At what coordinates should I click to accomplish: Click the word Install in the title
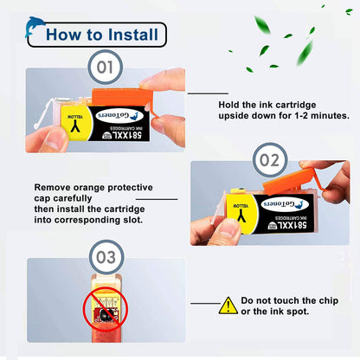point(133,35)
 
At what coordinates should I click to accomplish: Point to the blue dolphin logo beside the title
point(34,27)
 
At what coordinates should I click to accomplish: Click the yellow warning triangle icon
point(228,305)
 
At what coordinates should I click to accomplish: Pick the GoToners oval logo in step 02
point(284,204)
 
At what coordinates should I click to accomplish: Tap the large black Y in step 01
point(75,125)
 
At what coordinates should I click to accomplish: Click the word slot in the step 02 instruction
point(133,220)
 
